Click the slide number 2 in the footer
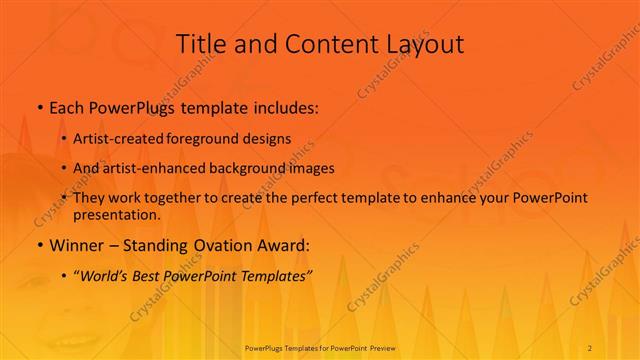point(590,347)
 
